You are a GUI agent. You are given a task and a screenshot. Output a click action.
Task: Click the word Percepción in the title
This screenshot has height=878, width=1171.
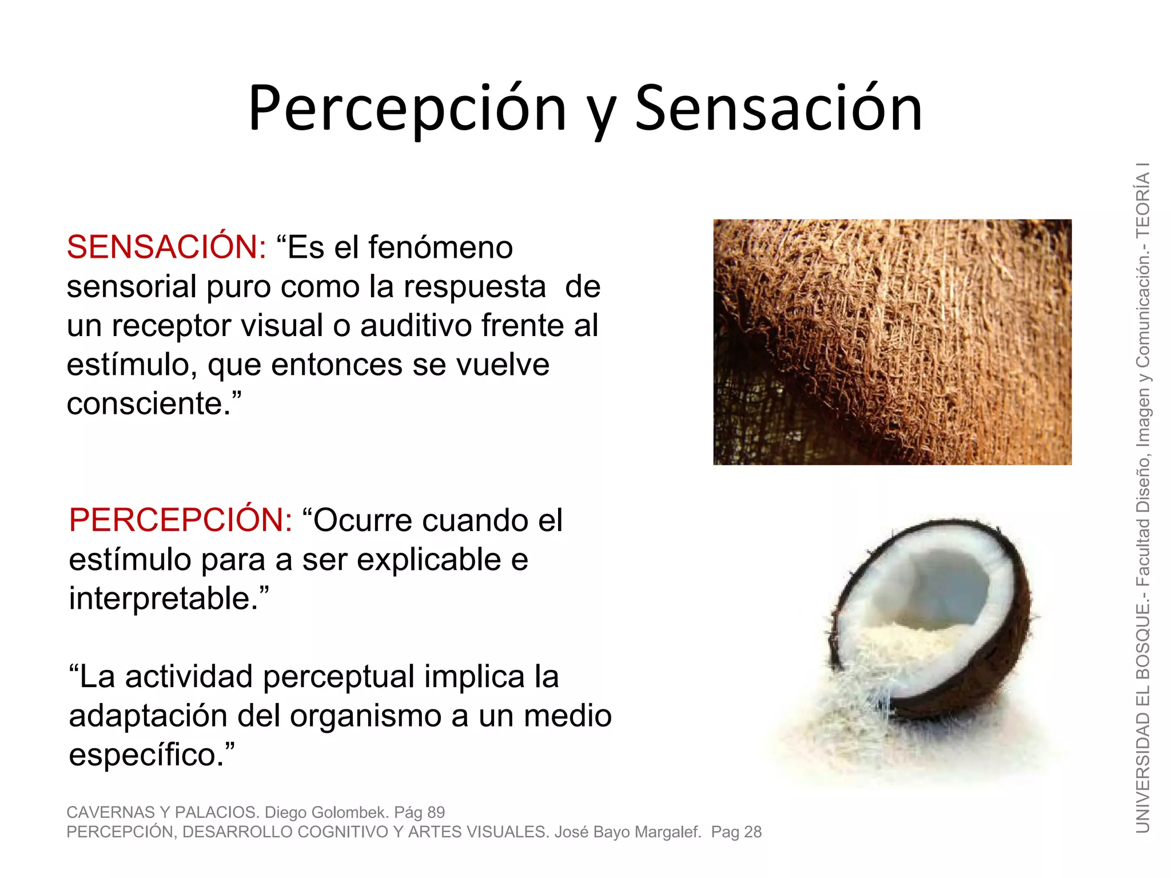point(407,109)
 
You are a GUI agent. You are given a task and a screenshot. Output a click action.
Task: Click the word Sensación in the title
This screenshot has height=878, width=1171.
point(779,109)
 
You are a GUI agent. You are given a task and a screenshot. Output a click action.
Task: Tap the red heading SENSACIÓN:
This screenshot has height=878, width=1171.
point(166,248)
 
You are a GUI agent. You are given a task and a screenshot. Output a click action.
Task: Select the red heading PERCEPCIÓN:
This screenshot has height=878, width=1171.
point(181,520)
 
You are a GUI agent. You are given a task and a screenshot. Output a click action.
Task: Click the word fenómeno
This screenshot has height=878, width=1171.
point(440,248)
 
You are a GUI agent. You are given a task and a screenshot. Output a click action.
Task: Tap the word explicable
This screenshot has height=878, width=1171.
point(429,560)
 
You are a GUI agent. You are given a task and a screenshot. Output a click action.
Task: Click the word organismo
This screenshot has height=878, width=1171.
point(366,716)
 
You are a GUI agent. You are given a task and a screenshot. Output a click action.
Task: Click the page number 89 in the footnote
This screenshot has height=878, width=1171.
point(436,812)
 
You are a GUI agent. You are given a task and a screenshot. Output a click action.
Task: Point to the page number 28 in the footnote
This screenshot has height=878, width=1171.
point(752,832)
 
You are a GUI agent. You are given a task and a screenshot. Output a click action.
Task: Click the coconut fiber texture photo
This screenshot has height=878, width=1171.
point(892,342)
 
